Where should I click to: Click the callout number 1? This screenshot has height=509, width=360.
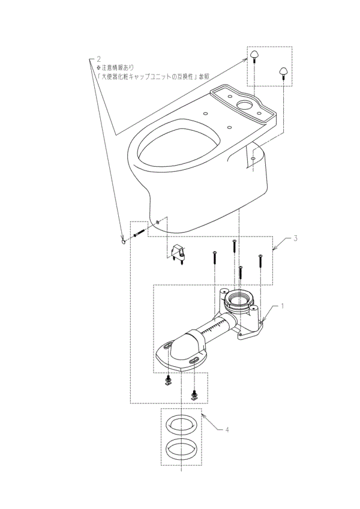click(x=283, y=306)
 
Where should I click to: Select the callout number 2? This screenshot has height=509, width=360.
click(x=98, y=59)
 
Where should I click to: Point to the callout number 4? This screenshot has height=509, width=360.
click(x=227, y=430)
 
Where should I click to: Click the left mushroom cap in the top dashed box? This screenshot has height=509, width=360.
click(x=254, y=56)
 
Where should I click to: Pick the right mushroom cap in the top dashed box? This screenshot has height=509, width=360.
click(x=281, y=71)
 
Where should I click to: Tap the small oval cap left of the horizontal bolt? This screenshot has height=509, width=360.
click(x=124, y=242)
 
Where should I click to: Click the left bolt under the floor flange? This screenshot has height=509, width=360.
click(x=167, y=381)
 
